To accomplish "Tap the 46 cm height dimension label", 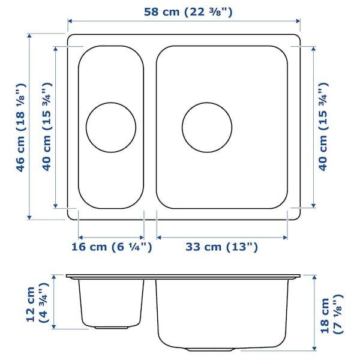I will click(22, 127).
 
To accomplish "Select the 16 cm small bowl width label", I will click(110, 246).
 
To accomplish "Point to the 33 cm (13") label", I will click(221, 246).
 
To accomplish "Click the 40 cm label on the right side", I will click(323, 127).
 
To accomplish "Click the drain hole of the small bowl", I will click(111, 127).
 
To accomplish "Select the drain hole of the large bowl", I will click(206, 127).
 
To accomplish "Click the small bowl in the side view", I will click(111, 303).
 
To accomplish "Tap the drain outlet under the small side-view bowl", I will click(111, 328).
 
